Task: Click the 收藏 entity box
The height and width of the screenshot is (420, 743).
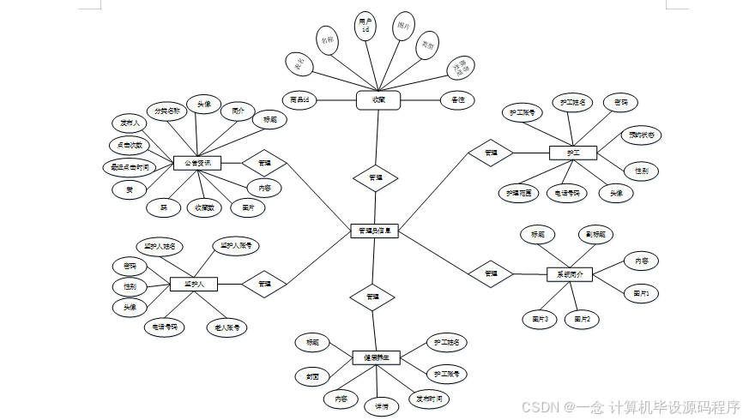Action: click(379, 100)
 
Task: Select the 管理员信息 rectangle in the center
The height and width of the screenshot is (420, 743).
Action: click(375, 231)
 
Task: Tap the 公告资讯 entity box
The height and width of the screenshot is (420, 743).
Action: click(197, 162)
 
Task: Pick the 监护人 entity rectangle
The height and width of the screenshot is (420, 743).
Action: click(193, 283)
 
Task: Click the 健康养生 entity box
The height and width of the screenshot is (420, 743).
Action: click(377, 357)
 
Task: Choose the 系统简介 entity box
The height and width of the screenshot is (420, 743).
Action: click(570, 274)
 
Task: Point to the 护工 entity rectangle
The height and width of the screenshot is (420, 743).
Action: click(572, 153)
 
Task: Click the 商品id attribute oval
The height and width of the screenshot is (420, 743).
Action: click(300, 100)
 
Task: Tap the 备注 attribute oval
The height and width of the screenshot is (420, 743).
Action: click(457, 100)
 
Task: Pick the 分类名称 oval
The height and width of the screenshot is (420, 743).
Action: click(166, 111)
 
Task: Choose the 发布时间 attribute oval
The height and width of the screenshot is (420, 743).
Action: click(429, 399)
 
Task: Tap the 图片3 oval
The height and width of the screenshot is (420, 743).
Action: click(541, 319)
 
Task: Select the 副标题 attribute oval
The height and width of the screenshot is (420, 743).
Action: click(595, 234)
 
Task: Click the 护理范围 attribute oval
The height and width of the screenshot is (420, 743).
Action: click(519, 194)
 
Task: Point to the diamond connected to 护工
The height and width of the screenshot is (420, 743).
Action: click(491, 153)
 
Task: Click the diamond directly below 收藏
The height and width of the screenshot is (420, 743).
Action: click(376, 177)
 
